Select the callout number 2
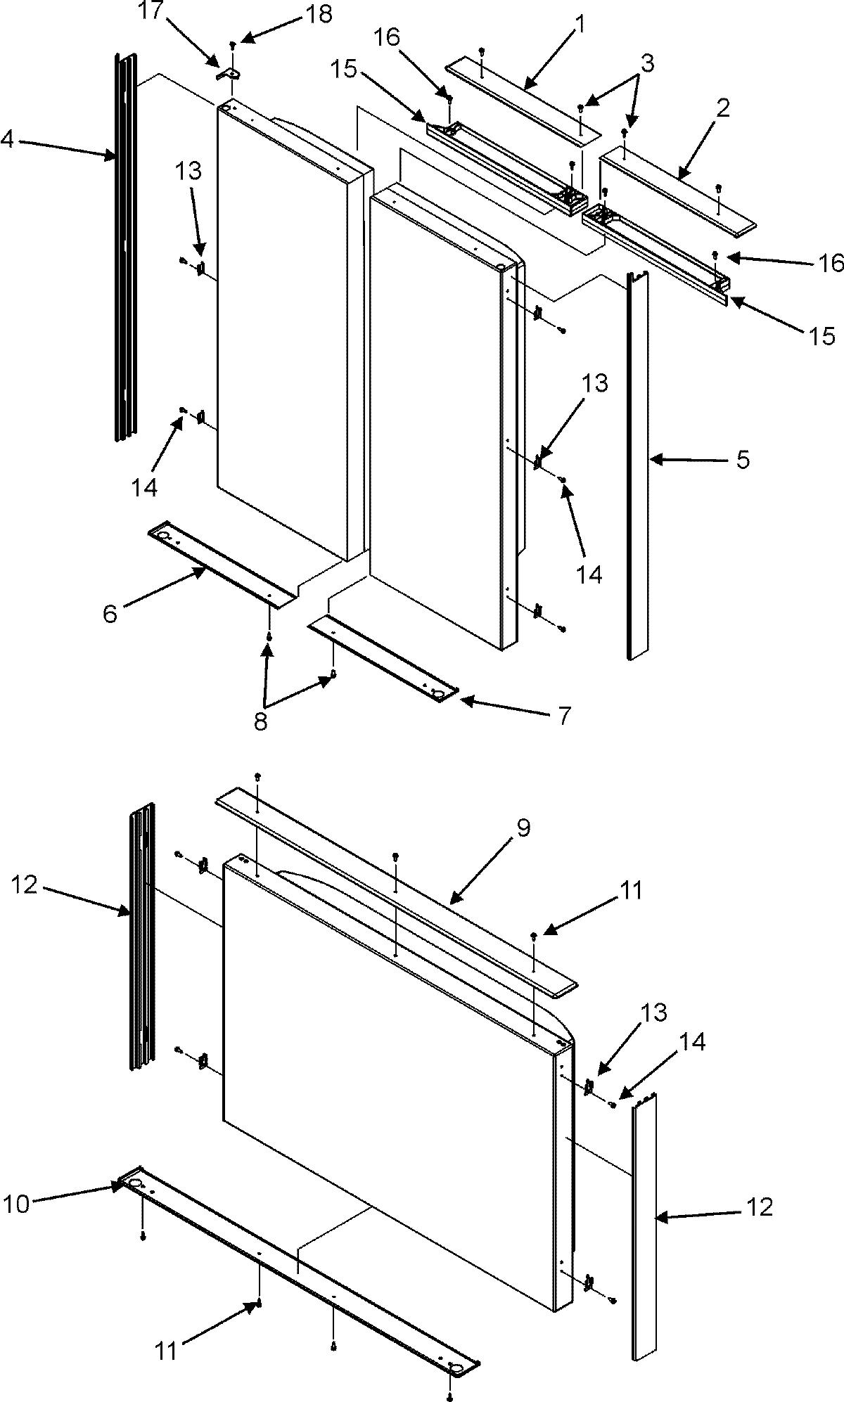click(x=723, y=109)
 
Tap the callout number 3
click(x=647, y=64)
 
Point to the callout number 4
click(x=8, y=140)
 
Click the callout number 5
click(x=743, y=461)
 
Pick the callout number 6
click(x=110, y=614)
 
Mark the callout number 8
click(x=261, y=722)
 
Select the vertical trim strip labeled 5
click(x=637, y=464)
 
